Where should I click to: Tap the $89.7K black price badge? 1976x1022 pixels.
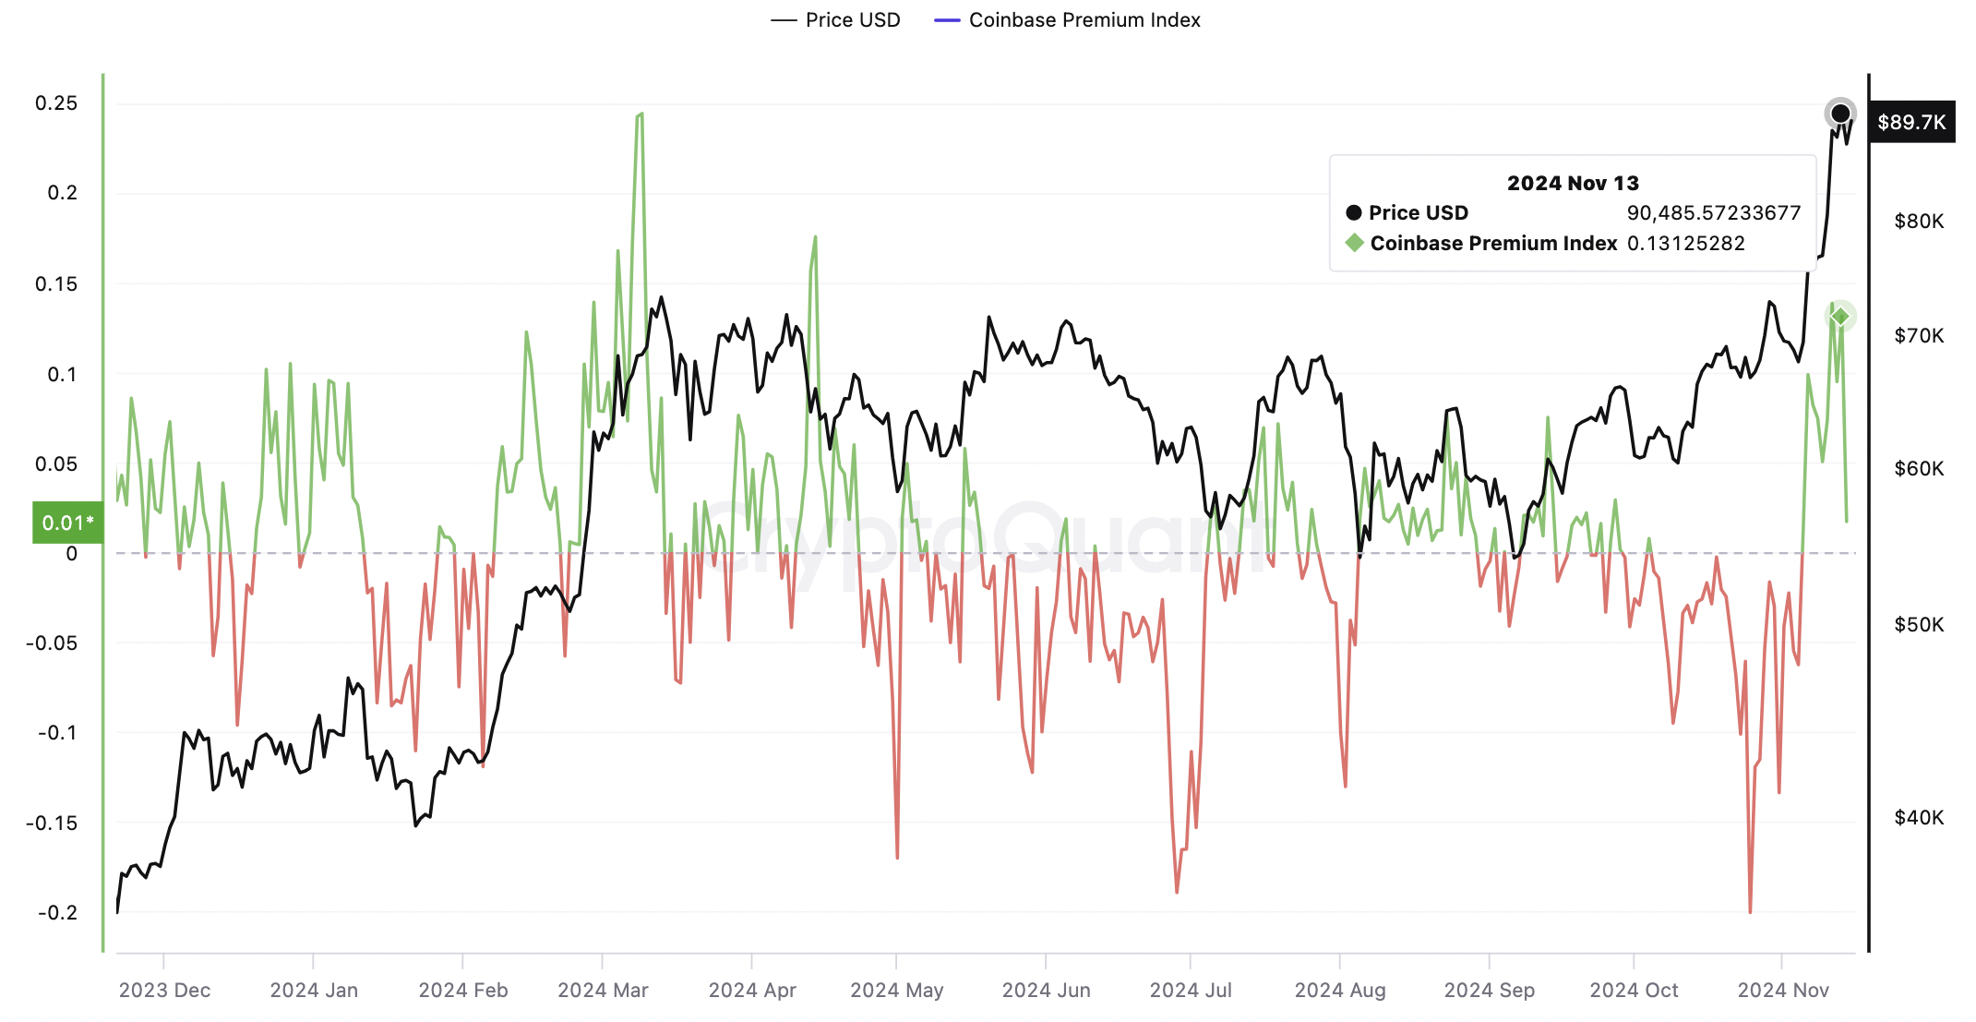1910,122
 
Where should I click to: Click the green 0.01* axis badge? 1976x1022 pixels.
67,523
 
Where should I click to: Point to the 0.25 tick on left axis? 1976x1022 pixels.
56,103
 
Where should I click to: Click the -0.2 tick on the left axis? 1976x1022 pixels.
57,912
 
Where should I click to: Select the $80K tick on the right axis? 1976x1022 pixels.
1918,222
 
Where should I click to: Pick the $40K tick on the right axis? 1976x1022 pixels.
1918,817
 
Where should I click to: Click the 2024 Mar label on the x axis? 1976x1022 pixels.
603,990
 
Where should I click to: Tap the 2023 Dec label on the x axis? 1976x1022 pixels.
164,990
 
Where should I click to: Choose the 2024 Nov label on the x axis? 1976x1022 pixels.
1782,990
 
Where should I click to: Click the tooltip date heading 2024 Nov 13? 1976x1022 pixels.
1573,183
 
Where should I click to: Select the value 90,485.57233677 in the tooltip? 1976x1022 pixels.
1713,213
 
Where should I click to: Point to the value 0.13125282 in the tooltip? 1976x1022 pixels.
1685,244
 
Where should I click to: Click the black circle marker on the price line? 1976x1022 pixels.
1839,114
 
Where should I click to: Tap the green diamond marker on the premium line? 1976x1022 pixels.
1840,317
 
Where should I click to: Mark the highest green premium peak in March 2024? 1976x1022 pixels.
641,114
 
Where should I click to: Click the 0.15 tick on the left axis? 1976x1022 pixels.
56,283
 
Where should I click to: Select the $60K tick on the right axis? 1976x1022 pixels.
1918,469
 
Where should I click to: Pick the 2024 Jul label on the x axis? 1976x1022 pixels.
1191,990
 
